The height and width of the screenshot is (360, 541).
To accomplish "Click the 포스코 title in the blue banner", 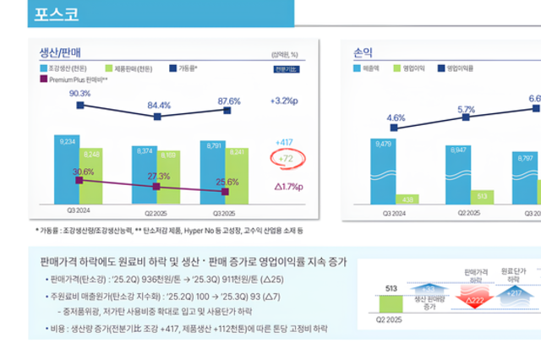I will click(x=57, y=14).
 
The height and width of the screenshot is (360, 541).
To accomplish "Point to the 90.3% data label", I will click(x=79, y=93).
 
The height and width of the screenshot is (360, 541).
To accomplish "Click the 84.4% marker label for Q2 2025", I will click(x=159, y=106).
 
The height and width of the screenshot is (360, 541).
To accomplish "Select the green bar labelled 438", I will click(x=408, y=199).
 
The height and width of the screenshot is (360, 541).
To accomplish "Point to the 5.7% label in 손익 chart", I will click(x=466, y=110).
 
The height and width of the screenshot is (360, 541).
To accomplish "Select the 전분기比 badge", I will click(x=284, y=68).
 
